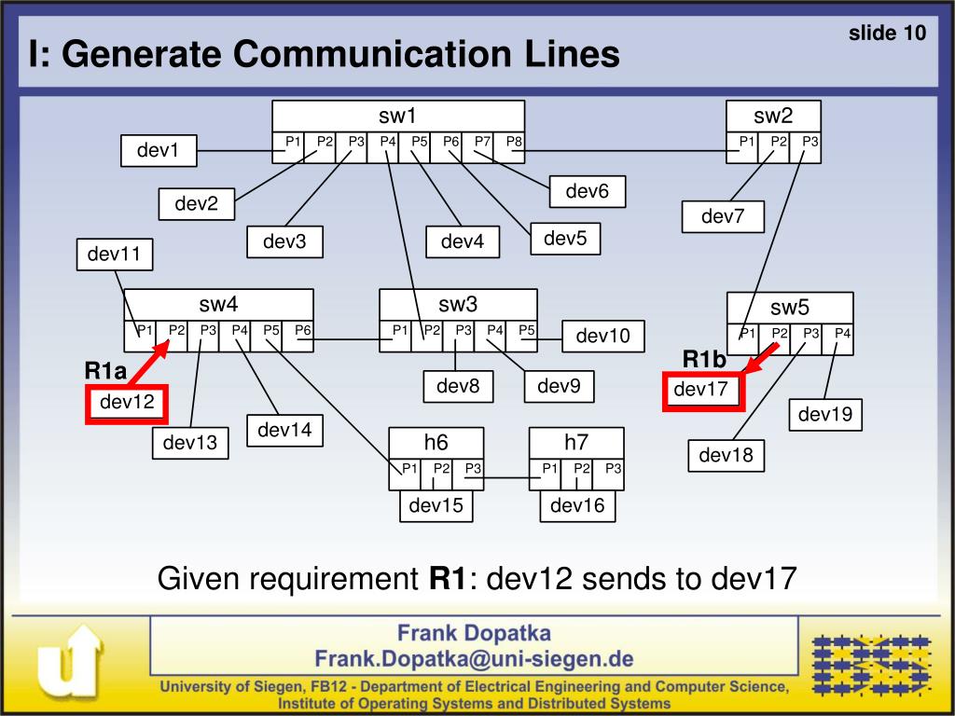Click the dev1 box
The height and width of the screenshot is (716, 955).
[159, 150]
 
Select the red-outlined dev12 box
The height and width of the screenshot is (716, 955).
[126, 403]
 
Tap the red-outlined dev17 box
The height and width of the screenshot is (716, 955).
[701, 390]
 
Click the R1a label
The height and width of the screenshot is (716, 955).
[105, 371]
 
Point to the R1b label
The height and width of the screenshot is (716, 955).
[703, 359]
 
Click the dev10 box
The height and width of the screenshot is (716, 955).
[602, 336]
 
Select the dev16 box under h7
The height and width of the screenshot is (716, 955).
[577, 506]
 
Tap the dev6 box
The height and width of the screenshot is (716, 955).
[587, 191]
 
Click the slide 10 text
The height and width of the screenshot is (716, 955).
[887, 34]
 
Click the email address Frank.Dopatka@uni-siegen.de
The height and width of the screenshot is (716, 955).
[474, 659]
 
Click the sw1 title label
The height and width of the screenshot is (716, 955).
[397, 117]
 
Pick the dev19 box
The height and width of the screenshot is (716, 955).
[825, 414]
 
